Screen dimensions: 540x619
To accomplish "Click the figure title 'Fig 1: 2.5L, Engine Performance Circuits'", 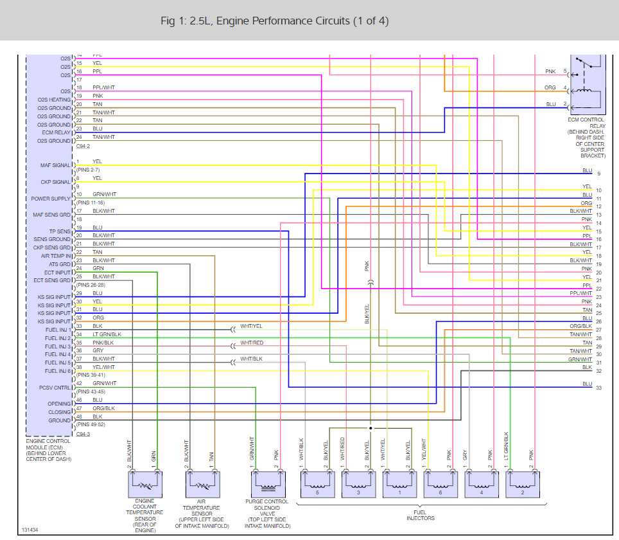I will [274, 21].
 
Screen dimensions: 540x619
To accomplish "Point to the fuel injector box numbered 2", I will [521, 483].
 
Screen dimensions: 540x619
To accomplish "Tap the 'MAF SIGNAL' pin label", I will [55, 166].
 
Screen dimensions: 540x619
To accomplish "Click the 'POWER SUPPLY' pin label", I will [51, 199].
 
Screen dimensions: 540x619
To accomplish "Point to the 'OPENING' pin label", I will [59, 404].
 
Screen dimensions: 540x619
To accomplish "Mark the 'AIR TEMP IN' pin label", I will [55, 256].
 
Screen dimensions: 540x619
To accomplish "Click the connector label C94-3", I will [83, 435].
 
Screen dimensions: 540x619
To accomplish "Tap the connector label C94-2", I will [83, 147].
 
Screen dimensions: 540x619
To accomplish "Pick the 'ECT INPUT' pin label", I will [56, 273].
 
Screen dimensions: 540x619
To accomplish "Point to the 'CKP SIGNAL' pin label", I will [56, 182].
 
